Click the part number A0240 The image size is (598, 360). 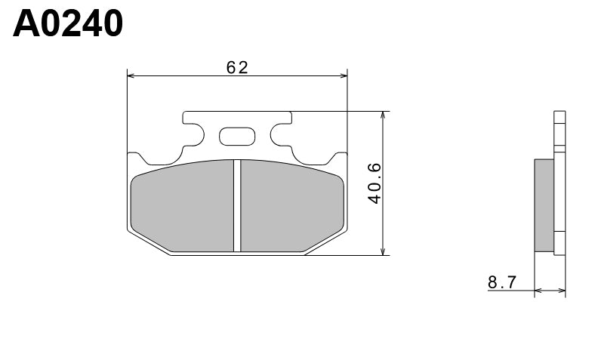(x=68, y=24)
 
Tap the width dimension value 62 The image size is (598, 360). (x=237, y=67)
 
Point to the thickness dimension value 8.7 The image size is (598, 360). (x=501, y=283)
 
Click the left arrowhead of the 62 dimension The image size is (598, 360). (x=131, y=75)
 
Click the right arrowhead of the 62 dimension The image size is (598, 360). (x=343, y=75)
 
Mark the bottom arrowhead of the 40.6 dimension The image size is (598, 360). (x=384, y=251)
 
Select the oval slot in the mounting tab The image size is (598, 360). (x=237, y=137)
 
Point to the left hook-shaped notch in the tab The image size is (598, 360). (x=192, y=137)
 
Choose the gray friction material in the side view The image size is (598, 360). (x=544, y=204)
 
